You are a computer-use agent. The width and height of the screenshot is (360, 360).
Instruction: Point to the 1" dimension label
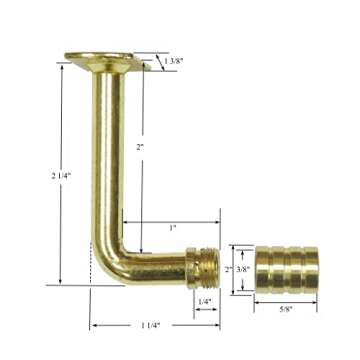coord(172,228)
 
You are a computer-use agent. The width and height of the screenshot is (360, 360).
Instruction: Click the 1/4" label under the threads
coord(204,301)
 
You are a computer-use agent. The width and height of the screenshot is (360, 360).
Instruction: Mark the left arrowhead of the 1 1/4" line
coord(91,324)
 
